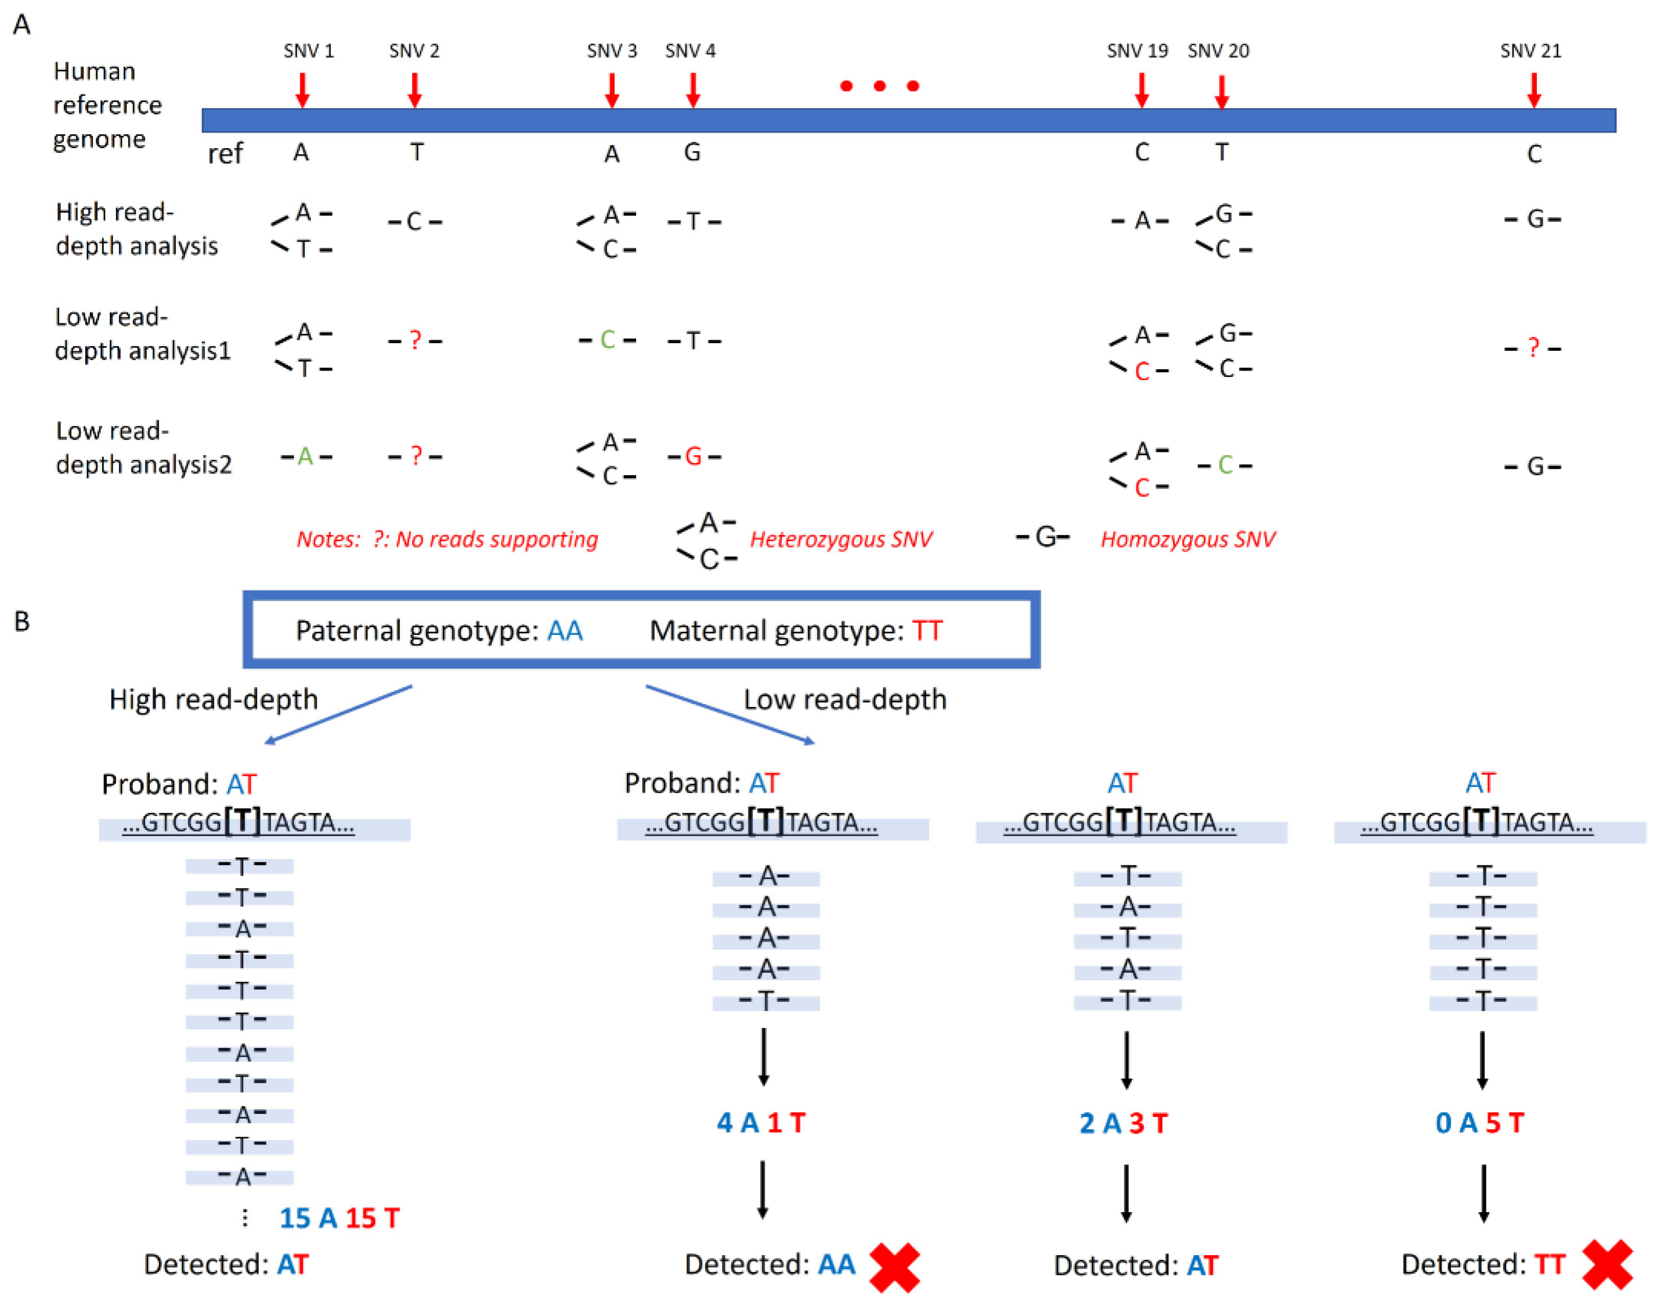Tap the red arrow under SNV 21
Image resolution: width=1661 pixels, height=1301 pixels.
1533,90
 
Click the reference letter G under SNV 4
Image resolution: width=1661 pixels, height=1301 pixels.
691,152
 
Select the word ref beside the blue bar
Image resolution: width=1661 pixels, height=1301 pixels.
225,154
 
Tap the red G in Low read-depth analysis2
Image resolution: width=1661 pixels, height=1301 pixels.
693,457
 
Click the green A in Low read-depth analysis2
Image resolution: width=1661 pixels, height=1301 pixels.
305,457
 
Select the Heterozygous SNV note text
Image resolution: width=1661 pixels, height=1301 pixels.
840,540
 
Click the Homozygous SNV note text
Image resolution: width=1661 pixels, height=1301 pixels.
1187,540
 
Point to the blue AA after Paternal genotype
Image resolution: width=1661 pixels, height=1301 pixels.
565,631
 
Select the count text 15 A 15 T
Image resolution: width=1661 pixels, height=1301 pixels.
339,1217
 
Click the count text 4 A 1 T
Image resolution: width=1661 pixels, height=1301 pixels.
760,1122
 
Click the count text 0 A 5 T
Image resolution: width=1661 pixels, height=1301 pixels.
1479,1122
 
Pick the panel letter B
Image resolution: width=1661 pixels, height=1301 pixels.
22,621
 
